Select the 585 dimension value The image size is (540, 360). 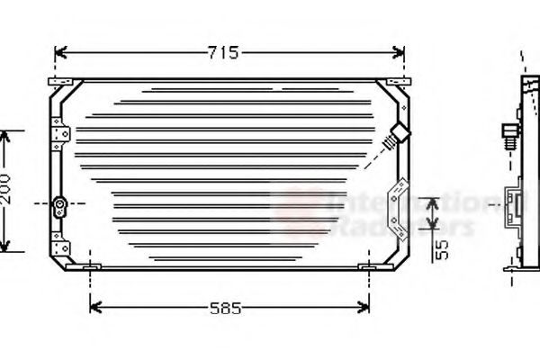pos(225,309)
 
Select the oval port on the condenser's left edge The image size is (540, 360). pos(60,206)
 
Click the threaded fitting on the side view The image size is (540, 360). pos(509,135)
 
